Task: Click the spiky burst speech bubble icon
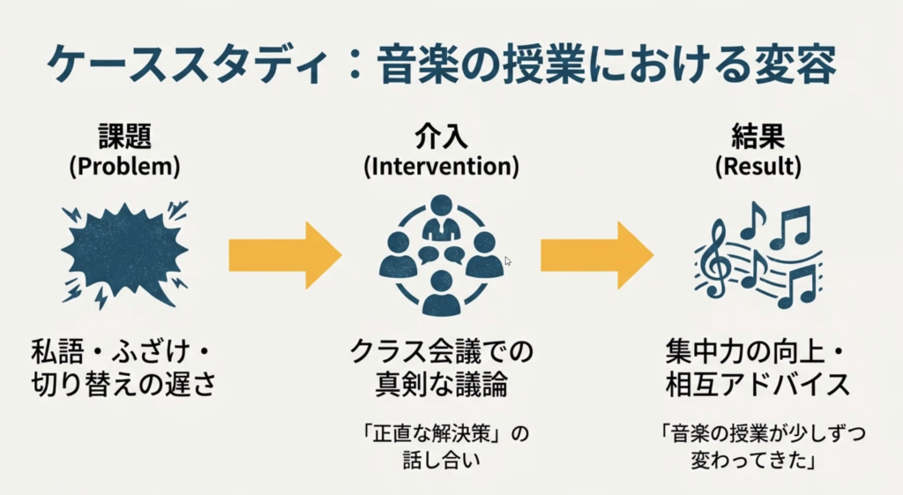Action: click(124, 254)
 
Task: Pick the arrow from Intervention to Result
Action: click(596, 256)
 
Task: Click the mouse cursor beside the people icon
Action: click(508, 261)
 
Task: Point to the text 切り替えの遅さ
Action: click(124, 386)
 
